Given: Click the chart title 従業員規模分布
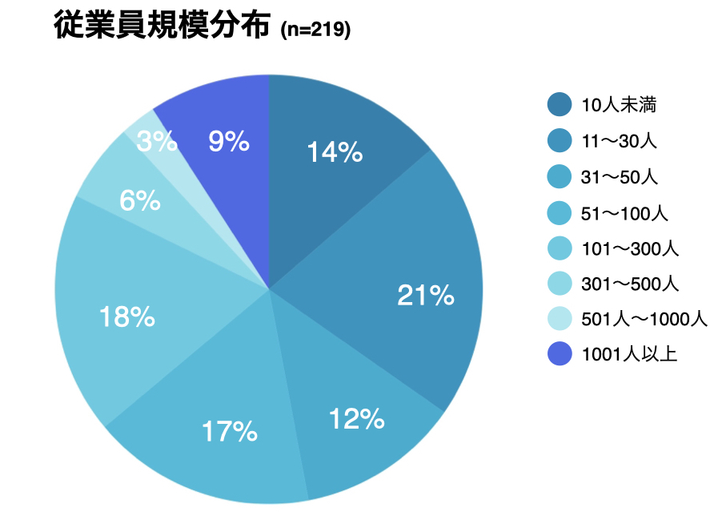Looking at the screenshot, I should click(163, 26).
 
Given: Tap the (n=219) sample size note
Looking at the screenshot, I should click(315, 30).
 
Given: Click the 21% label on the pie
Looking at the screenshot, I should click(425, 296).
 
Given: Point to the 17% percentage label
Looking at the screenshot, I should click(230, 433).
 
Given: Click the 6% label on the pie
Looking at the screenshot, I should click(139, 201).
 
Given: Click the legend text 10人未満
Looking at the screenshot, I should click(620, 104).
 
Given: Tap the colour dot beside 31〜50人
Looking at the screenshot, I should click(560, 177).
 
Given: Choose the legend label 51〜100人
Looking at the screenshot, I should click(624, 213).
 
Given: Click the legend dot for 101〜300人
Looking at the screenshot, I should click(560, 248).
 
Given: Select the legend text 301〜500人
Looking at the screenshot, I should click(630, 284).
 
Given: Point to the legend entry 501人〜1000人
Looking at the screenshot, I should click(644, 319).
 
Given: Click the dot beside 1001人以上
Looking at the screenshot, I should click(560, 354).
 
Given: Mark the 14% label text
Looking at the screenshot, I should click(335, 152).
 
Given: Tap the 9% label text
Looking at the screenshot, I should click(228, 142).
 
